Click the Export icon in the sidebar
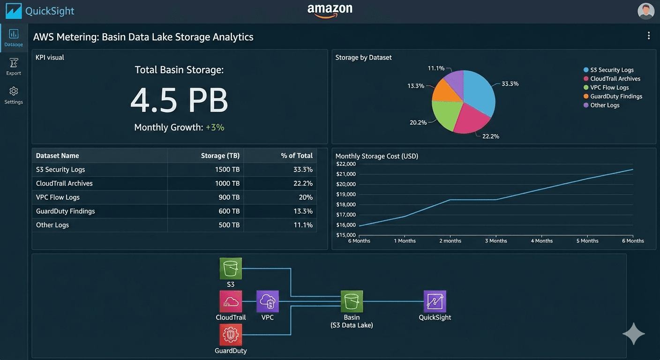click(x=14, y=63)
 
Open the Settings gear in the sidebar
click(x=14, y=91)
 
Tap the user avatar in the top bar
click(x=646, y=11)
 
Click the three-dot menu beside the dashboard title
click(x=649, y=36)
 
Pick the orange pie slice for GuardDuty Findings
click(x=447, y=93)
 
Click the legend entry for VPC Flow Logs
click(x=609, y=88)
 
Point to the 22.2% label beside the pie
click(x=491, y=136)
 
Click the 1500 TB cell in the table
click(x=227, y=170)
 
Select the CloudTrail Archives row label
click(x=64, y=183)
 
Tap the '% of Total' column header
click(x=296, y=156)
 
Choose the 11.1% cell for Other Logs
click(x=303, y=225)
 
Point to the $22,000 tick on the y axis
click(x=346, y=164)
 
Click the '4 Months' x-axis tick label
click(x=541, y=241)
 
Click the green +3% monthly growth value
click(x=215, y=127)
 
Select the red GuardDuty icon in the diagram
click(x=231, y=335)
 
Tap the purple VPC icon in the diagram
click(x=268, y=301)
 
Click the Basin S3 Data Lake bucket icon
click(x=352, y=301)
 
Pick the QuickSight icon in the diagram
click(x=435, y=301)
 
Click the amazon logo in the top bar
click(x=330, y=10)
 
